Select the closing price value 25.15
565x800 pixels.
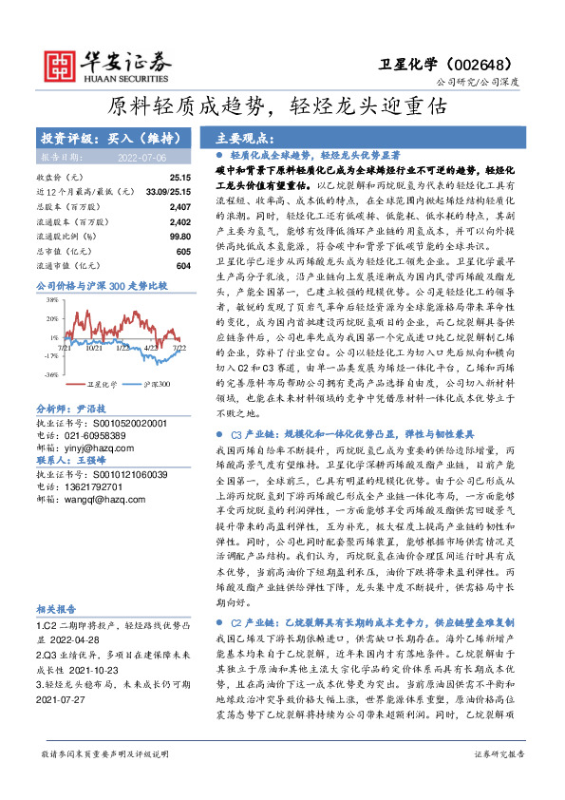[179, 178]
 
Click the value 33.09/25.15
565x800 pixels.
[169, 191]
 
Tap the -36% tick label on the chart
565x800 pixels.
[47, 375]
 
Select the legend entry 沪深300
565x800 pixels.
[157, 385]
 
